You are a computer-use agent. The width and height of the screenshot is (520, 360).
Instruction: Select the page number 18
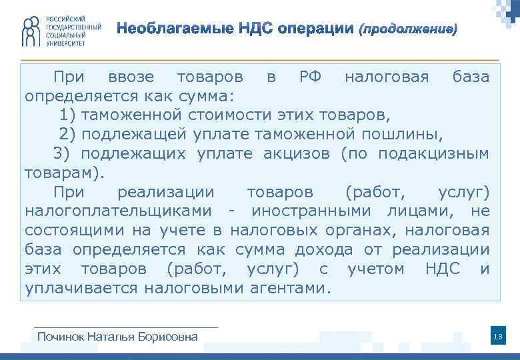[x=497, y=337]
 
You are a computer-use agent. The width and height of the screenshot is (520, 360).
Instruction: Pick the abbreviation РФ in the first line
[x=310, y=77]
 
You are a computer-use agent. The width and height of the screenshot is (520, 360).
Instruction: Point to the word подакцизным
[x=433, y=155]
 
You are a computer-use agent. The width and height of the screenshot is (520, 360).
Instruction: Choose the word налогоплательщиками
[x=120, y=212]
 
